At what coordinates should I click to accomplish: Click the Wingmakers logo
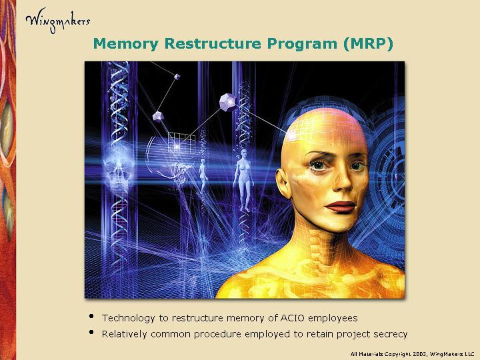coord(58,21)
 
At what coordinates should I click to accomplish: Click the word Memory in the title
coord(126,44)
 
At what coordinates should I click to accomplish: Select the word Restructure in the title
coord(213,43)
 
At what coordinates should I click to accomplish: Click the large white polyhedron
coord(228,103)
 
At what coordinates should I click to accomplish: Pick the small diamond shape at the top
coord(177,77)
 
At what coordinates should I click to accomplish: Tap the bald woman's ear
coord(283,184)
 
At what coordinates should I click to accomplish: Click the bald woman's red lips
coord(341,207)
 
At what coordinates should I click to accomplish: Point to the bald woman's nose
coord(342,181)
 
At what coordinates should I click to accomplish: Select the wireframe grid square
coord(182,143)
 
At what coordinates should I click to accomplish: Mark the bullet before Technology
coord(91,316)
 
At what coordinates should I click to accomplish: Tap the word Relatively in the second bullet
coord(124,334)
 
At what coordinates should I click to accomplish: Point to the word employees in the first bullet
coord(333,319)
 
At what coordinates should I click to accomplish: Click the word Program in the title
coord(302,45)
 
